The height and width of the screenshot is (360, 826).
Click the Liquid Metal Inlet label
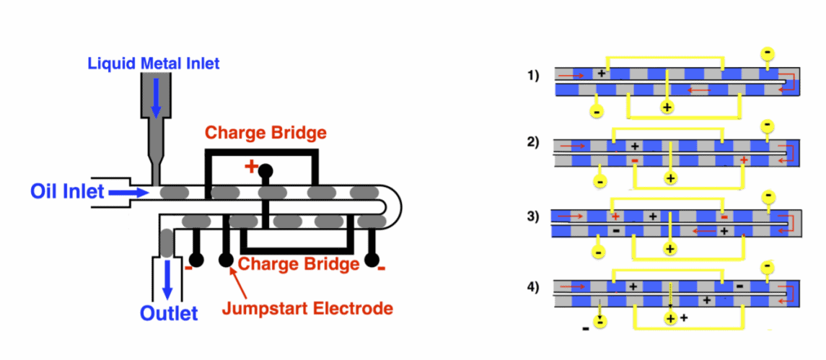coord(154,63)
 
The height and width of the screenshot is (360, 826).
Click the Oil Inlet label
coord(67,192)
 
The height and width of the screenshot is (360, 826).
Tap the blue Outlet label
coord(169,314)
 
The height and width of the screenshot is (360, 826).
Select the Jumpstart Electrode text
coord(307,309)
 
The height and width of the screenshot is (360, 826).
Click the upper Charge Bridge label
coord(265,133)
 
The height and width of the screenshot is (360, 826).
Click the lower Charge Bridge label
coord(299,264)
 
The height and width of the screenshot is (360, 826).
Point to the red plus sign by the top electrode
coord(251,167)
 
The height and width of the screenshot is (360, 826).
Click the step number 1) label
coord(532,75)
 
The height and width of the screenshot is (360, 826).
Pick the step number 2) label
coord(532,141)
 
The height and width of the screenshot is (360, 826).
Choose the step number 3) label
coord(532,216)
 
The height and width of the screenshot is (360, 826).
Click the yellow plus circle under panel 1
coord(667,107)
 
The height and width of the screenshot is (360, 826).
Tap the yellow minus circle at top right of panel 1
coord(768,53)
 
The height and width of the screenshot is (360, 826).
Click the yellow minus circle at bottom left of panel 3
coord(597,250)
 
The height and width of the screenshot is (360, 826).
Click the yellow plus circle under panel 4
coord(670,319)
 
